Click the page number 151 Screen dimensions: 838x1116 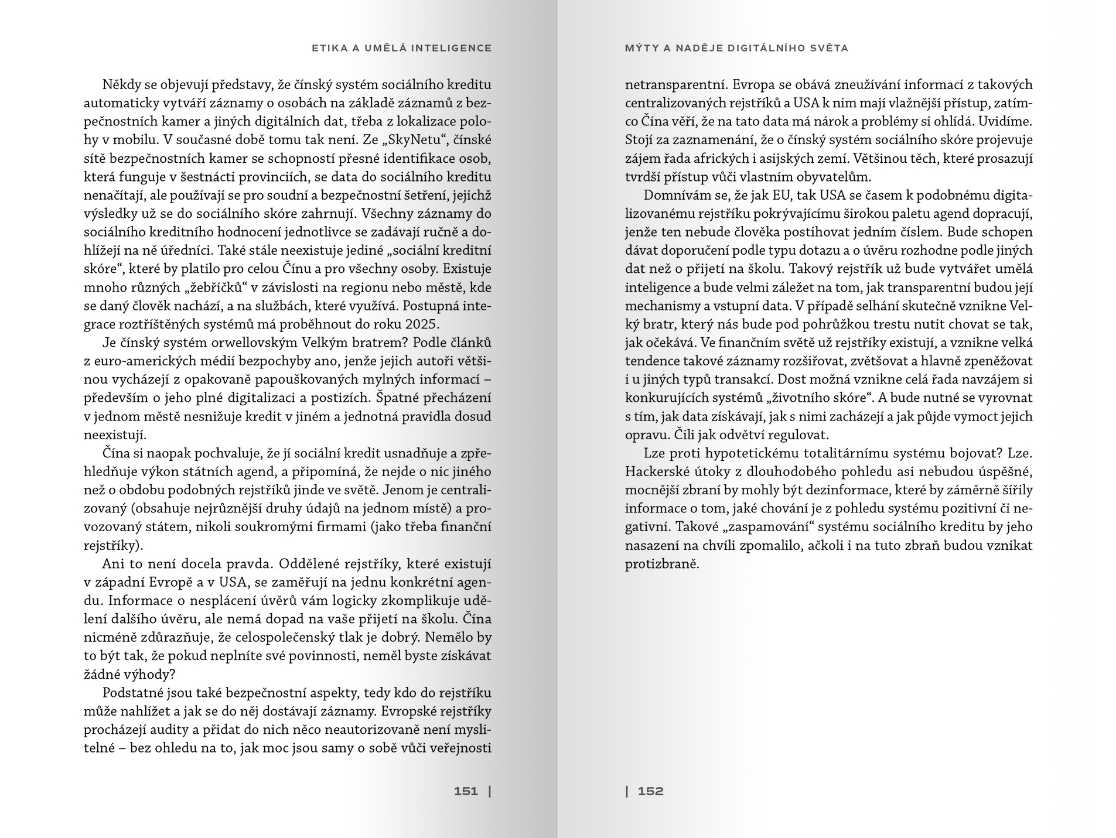[x=466, y=792]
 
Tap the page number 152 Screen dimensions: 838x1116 [x=650, y=792]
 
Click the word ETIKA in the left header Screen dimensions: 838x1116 [x=326, y=48]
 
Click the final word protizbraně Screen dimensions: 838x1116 [x=662, y=564]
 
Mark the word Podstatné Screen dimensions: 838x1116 [x=130, y=693]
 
